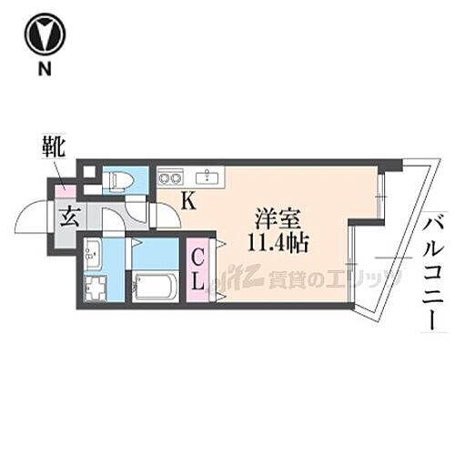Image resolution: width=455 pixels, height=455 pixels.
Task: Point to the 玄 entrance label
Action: point(69,217)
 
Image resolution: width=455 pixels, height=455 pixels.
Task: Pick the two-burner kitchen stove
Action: point(171,177)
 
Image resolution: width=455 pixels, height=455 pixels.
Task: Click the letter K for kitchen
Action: point(187,202)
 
